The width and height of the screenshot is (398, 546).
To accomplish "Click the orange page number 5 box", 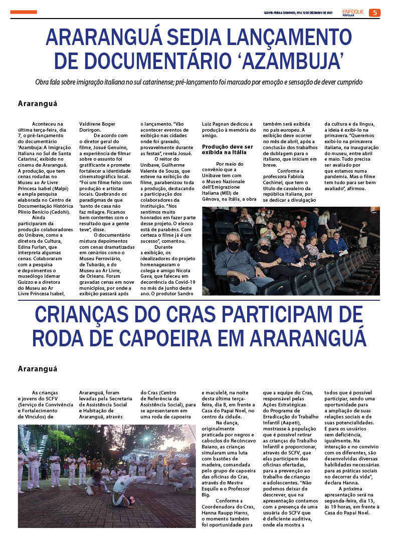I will click(374, 13).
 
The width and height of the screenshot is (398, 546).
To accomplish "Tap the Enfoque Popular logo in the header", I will click(353, 12).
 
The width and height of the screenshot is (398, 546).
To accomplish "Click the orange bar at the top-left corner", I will click(24, 12).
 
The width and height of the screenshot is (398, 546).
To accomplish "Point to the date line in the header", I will click(298, 13).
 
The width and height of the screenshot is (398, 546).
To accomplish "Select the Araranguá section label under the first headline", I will click(38, 104).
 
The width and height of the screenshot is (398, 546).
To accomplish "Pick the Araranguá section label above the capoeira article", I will click(38, 369).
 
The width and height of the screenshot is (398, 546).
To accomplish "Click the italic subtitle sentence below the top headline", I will click(198, 82).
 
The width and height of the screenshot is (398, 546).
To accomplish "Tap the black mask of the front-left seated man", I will click(233, 246).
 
